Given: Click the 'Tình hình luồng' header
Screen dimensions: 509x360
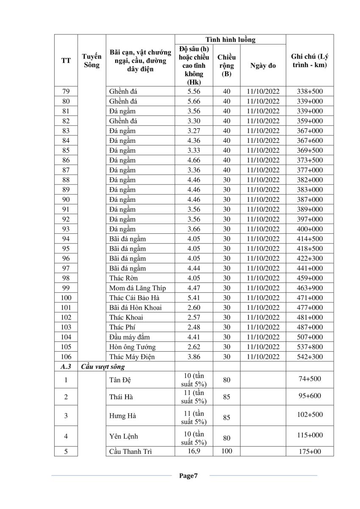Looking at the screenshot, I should click(230, 40).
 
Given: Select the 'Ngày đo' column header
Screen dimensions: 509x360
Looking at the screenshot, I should click(263, 66).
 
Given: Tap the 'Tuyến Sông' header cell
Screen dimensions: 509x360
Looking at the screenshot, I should click(92, 61).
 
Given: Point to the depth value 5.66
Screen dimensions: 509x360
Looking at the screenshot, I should click(193, 101).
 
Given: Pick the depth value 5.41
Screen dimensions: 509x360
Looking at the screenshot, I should click(193, 298).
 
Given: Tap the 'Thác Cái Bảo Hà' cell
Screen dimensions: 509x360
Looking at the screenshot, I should click(134, 298).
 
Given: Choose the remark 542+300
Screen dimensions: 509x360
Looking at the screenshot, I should click(310, 357).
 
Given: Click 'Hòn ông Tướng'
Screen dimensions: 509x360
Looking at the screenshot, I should click(132, 347).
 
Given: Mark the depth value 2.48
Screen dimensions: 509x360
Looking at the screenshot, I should click(193, 327).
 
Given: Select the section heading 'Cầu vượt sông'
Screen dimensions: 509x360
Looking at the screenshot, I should click(103, 366).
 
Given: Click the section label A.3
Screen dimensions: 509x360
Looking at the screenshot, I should click(66, 366).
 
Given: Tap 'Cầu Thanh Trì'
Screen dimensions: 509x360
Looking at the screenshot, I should click(131, 451).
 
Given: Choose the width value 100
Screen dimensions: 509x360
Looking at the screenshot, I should click(226, 451).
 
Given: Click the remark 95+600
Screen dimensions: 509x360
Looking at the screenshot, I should click(310, 396).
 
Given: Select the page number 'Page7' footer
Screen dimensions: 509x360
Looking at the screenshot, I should click(188, 476).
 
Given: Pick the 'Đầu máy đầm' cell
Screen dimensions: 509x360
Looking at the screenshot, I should click(130, 337).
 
